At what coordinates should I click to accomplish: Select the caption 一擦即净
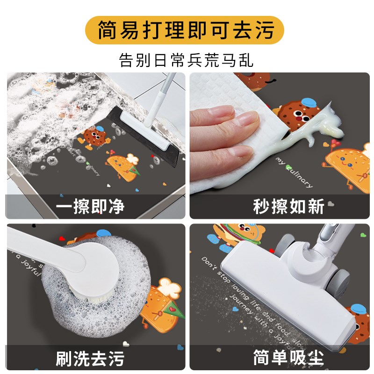(x=90, y=206)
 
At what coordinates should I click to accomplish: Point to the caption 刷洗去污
(x=90, y=358)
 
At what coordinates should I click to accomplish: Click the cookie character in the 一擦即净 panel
(x=94, y=137)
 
